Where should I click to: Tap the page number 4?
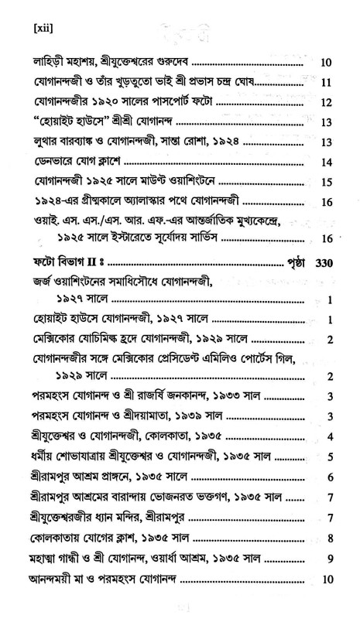pos(330,437)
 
